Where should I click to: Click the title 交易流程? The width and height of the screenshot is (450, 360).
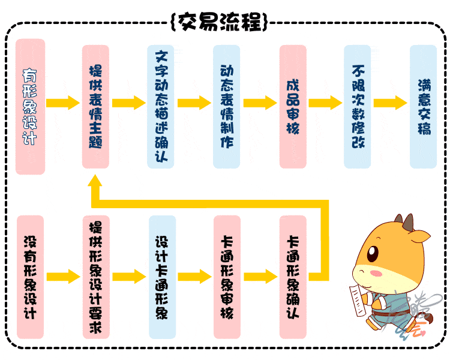tap(220, 22)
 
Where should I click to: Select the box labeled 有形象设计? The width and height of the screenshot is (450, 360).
tap(30, 107)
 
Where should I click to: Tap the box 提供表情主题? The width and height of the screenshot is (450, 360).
tap(95, 107)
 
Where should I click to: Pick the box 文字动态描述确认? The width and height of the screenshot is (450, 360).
tap(161, 107)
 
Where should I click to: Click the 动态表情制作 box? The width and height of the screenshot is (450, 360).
tap(226, 107)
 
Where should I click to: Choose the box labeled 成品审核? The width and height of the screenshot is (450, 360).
tap(293, 107)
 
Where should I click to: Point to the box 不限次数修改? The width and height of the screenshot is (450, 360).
tap(358, 107)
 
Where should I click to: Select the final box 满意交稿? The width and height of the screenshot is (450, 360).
tap(424, 107)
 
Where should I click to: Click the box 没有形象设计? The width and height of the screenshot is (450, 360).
tap(30, 277)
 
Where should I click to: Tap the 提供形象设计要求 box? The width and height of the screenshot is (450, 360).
tap(96, 277)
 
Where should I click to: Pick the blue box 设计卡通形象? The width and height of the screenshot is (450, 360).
tap(162, 277)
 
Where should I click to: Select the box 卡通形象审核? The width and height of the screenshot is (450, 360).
tap(227, 277)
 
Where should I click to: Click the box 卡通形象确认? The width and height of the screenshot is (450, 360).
tap(293, 277)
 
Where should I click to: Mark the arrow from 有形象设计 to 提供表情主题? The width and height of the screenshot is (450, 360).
tap(63, 103)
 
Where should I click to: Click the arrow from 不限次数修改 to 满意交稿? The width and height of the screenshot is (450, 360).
tap(391, 103)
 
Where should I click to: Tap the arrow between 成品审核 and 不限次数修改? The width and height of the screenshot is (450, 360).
tap(325, 103)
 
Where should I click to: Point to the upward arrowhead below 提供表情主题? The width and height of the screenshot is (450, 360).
tap(95, 181)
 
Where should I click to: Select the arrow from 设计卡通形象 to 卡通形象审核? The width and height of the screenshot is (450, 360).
tap(195, 277)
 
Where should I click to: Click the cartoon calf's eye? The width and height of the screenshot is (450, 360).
tap(373, 253)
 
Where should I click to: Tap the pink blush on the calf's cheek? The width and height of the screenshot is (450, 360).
tap(376, 273)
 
